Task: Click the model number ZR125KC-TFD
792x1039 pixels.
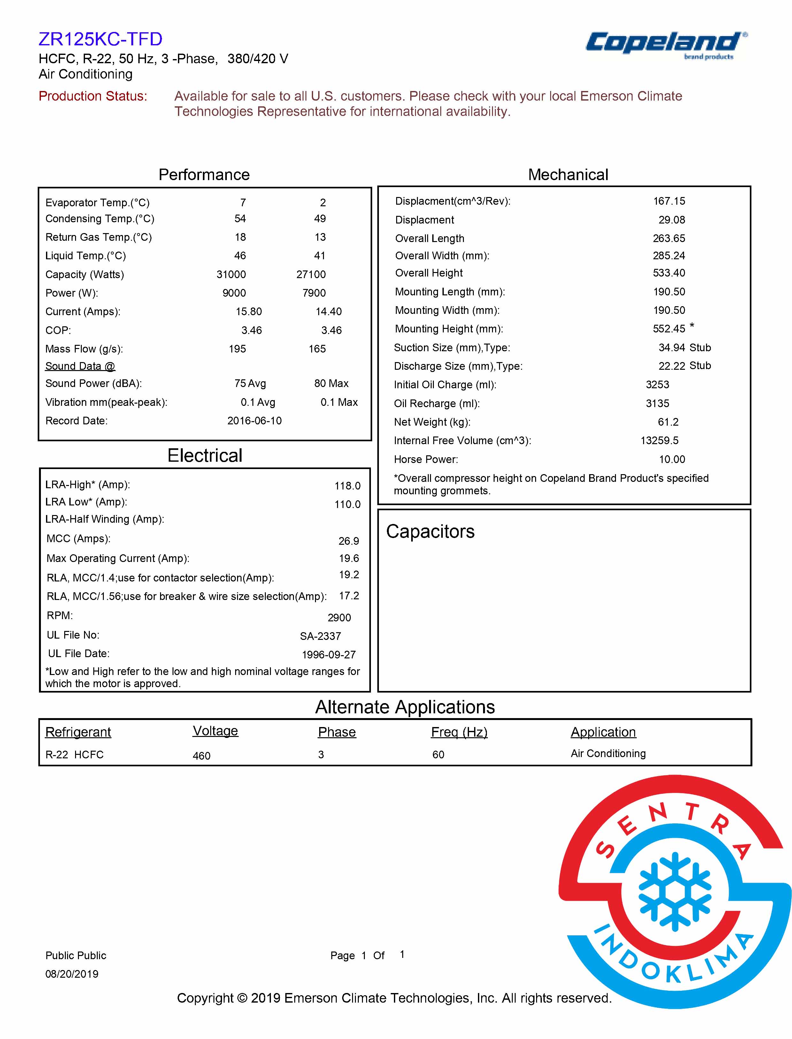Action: click(100, 39)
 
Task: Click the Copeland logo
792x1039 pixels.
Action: click(665, 44)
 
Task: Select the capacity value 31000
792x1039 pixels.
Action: click(231, 274)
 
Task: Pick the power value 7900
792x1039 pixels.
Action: click(314, 293)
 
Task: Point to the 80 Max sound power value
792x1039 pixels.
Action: click(331, 383)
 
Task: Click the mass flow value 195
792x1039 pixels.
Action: click(237, 349)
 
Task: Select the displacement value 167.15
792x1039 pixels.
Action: click(669, 201)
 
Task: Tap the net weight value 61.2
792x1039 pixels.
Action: click(668, 422)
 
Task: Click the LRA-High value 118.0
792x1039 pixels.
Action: click(348, 486)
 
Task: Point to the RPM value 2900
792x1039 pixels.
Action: click(339, 618)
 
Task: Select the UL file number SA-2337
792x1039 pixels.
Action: click(320, 636)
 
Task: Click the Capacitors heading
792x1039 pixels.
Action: click(430, 532)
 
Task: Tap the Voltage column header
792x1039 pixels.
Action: click(215, 731)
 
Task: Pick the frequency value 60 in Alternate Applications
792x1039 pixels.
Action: click(438, 755)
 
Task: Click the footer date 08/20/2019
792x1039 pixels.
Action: click(72, 974)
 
